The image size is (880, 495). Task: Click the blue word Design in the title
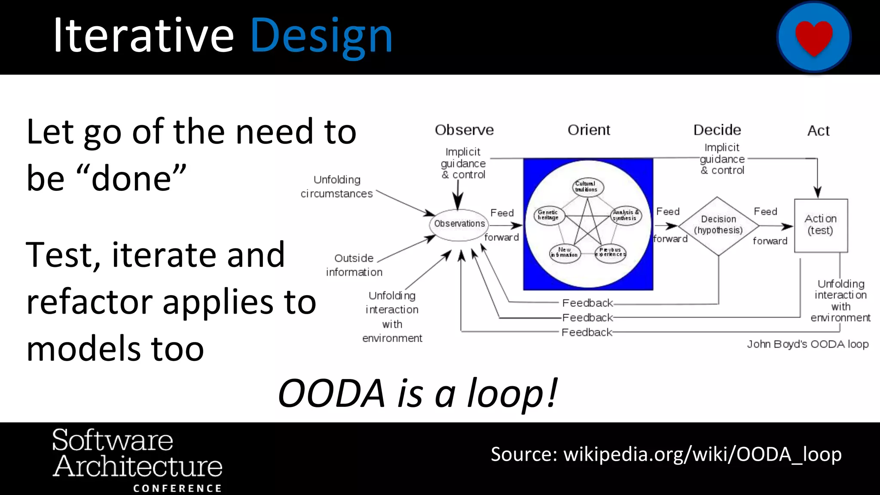click(x=321, y=36)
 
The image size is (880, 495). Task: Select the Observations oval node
click(x=459, y=224)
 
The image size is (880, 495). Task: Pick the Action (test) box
click(x=820, y=225)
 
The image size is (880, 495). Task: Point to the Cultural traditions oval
click(x=587, y=187)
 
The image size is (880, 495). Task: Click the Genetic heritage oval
click(x=548, y=215)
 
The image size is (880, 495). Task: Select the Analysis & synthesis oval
click(x=625, y=215)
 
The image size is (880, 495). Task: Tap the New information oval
click(x=565, y=253)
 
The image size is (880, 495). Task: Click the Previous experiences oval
click(x=610, y=252)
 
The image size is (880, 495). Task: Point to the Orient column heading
click(x=588, y=130)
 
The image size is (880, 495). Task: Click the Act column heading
click(x=818, y=131)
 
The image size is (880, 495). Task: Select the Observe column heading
click(x=464, y=130)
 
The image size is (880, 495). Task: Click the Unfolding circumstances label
click(x=337, y=186)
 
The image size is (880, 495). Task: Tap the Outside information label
click(x=354, y=265)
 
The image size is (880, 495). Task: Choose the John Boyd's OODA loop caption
click(x=807, y=344)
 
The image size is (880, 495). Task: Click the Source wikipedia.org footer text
click(x=666, y=454)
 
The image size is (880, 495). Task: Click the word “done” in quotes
click(x=131, y=178)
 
